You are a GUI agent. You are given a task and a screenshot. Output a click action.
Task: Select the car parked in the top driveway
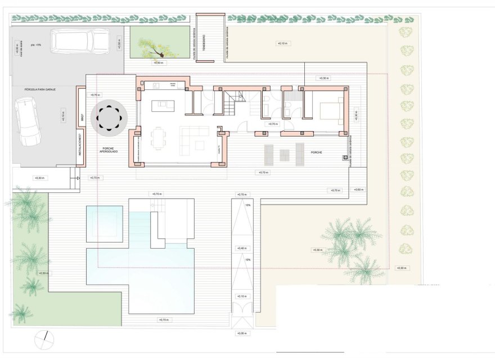[80, 40]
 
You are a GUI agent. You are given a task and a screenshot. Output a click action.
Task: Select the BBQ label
[82, 119]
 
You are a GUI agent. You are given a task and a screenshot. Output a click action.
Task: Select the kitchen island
[163, 105]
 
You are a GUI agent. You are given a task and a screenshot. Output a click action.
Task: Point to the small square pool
[105, 223]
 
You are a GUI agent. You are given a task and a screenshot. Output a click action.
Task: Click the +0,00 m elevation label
[242, 334]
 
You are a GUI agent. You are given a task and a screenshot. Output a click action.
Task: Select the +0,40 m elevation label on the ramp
[242, 248]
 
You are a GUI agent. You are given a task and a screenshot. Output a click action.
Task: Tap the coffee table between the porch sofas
[284, 153]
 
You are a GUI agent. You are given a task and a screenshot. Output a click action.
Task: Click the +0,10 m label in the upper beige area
[281, 43]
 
